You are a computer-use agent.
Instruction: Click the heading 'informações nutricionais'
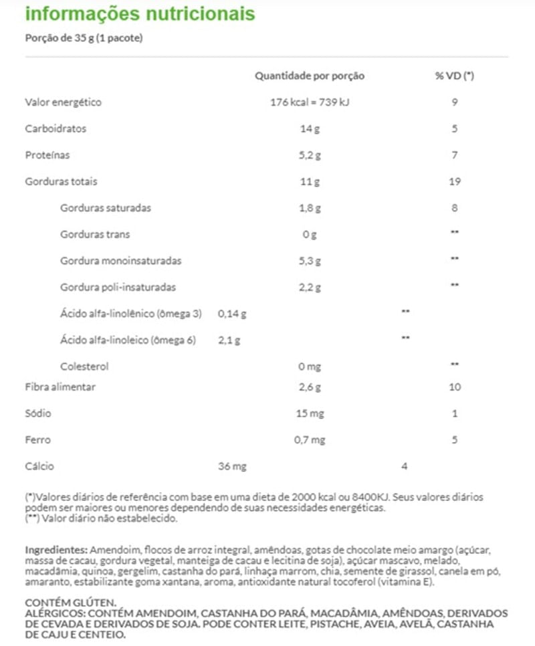(140, 13)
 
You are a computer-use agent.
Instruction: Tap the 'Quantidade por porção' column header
(310, 76)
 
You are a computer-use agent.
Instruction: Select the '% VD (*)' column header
(454, 76)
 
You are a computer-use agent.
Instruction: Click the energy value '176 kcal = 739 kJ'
(309, 102)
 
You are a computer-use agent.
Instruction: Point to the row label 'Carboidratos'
(56, 128)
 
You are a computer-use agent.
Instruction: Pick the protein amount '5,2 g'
(310, 155)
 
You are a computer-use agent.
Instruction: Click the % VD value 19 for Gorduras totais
(454, 181)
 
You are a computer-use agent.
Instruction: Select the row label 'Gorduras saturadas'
(105, 208)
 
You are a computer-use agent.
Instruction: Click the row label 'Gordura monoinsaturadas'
(120, 261)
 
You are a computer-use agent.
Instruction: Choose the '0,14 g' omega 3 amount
(232, 313)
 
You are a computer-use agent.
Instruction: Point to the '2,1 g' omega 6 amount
(229, 340)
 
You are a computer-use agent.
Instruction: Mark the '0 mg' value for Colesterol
(309, 366)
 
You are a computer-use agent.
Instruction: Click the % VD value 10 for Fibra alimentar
(454, 387)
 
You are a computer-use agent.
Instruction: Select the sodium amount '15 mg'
(309, 413)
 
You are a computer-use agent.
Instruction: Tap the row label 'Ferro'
(37, 440)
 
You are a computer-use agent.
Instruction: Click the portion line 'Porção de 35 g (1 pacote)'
(84, 38)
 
